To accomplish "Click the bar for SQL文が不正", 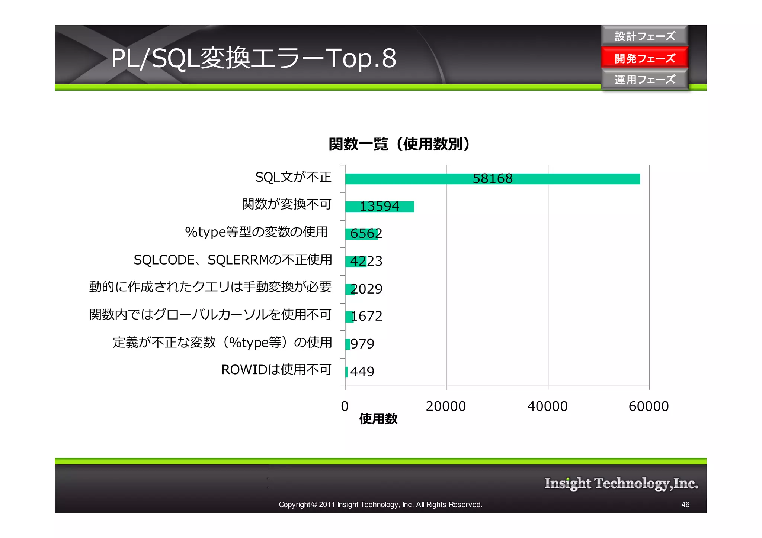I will pos(409,179).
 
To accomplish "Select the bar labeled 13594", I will pos(379,207).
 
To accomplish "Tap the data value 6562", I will pos(366,234).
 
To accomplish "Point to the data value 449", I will pos(362,371).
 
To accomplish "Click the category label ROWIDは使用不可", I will pos(276,370).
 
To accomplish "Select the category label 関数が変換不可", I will pos(286,204).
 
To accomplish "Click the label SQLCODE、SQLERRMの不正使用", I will pos(233,260).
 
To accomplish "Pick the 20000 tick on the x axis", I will pos(446,406).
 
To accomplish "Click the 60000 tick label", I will pos(649,406).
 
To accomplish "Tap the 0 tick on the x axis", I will pos(345,406).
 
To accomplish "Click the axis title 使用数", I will pos(378,419).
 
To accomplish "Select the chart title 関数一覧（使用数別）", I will pos(399,144).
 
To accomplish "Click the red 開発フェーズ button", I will pos(644,58).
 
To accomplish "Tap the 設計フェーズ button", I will pos(644,36).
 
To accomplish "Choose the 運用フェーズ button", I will pos(644,80).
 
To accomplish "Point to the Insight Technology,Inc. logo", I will pos(621,483).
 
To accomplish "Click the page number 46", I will pos(685,505).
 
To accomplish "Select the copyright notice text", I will pos(380,505).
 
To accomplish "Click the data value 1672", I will pos(366,316).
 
